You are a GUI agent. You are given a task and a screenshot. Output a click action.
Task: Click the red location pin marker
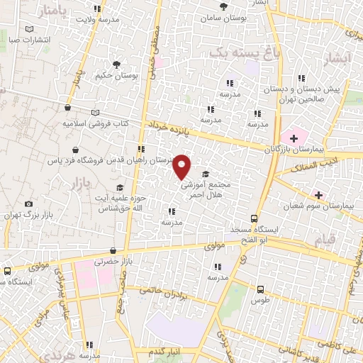[182, 167]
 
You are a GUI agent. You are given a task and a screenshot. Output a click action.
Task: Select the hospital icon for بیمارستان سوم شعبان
[318, 194]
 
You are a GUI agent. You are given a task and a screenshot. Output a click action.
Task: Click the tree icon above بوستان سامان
[224, 6]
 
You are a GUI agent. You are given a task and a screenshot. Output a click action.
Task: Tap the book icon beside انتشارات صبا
[29, 29]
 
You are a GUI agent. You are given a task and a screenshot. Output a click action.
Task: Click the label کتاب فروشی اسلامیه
[96, 123]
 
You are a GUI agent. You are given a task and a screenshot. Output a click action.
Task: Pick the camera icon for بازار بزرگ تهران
[28, 203]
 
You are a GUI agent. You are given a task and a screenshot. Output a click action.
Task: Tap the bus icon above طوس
[260, 289]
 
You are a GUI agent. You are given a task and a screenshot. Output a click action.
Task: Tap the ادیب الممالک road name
[303, 167]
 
